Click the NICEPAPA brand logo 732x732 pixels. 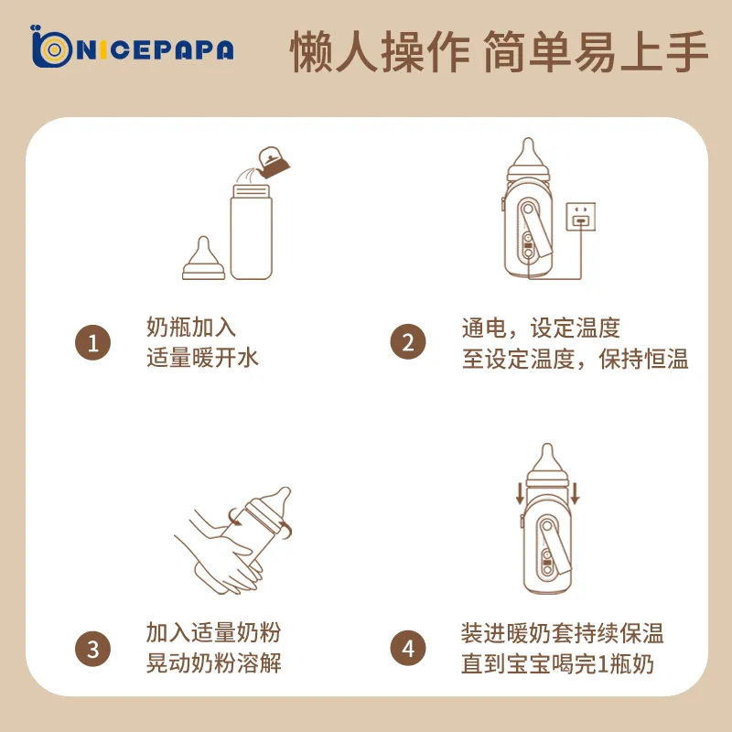tap(132, 47)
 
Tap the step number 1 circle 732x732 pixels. tap(93, 342)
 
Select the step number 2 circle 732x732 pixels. tap(408, 341)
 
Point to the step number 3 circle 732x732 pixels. tap(93, 649)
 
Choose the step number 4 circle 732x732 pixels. tap(408, 648)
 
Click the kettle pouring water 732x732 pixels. tap(273, 163)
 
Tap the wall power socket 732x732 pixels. tap(581, 217)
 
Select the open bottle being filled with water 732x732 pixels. tap(251, 232)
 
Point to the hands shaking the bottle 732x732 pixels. tap(219, 554)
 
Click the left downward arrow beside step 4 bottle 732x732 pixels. tap(520, 494)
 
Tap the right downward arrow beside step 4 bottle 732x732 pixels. tap(575, 494)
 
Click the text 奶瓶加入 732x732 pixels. tap(191, 327)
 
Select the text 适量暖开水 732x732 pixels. tap(202, 358)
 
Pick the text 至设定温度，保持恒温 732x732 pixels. tap(576, 359)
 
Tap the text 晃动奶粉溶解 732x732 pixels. tap(214, 662)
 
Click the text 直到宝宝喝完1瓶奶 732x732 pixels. tap(557, 663)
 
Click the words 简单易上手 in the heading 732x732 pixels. tap(597, 51)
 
